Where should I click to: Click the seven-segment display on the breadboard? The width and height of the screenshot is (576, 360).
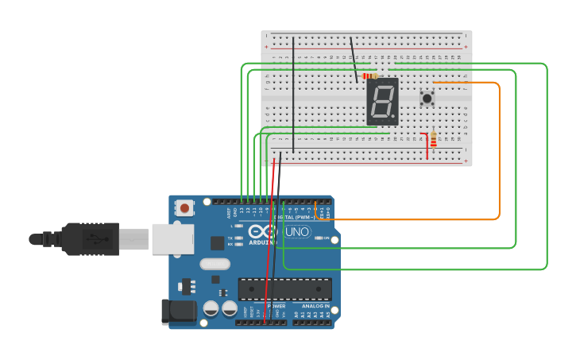click(382, 101)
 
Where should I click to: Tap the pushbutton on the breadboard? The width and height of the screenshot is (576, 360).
click(427, 99)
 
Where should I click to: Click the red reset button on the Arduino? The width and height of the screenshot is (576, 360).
click(185, 208)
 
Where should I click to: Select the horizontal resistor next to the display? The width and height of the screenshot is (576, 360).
click(369, 76)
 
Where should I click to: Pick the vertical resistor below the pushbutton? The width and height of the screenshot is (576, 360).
click(433, 141)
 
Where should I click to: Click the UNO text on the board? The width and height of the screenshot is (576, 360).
click(297, 232)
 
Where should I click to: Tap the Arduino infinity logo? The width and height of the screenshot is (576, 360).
click(261, 232)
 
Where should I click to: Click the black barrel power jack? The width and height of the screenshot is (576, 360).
click(178, 312)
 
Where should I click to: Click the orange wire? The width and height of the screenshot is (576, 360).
click(499, 151)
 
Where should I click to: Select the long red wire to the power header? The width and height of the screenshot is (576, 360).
click(270, 238)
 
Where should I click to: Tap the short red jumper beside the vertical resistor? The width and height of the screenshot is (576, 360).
click(427, 146)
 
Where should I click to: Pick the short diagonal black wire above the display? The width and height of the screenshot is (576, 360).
click(354, 60)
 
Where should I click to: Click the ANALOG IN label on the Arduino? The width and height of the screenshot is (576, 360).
click(315, 306)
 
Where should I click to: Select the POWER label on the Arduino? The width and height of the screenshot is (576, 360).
click(276, 306)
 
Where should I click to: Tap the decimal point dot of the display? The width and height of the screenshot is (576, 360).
click(395, 119)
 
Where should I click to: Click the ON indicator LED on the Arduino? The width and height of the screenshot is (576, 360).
click(319, 238)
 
